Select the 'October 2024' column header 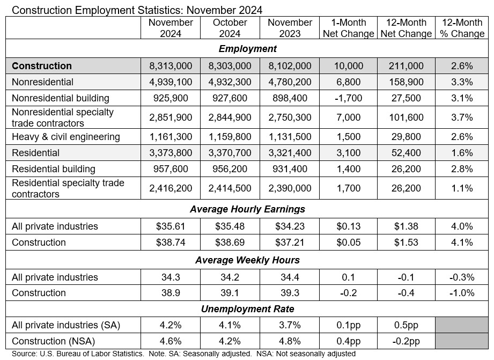point(230,28)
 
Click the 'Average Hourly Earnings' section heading point(247,209)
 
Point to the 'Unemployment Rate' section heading point(247,308)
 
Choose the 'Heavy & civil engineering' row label point(66,136)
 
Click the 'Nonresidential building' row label point(61,98)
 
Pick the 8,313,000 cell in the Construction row point(171,66)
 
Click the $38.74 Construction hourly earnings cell point(171,242)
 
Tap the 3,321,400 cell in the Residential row point(290,153)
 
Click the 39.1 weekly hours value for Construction point(230,293)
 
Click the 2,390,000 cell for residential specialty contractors point(290,188)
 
